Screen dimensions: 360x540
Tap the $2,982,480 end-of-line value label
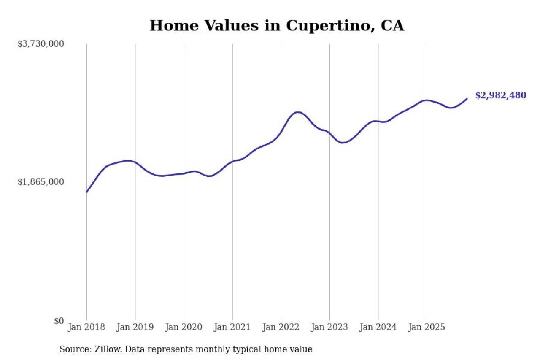point(500,95)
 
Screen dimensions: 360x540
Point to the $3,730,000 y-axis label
point(40,44)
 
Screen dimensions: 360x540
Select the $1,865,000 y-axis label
point(40,182)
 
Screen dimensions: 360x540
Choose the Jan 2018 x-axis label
point(86,328)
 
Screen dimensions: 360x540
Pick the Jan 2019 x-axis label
point(135,328)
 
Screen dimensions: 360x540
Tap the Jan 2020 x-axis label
point(184,328)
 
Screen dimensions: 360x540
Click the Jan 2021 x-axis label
point(232,328)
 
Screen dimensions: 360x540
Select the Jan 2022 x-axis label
point(281,328)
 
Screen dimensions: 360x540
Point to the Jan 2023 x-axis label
point(329,328)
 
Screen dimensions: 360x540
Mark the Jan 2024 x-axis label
point(378,328)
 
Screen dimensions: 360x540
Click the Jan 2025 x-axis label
point(427,328)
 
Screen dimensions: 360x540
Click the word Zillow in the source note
point(102,349)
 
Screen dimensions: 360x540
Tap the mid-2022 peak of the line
point(298,112)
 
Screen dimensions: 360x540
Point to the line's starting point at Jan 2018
point(86,192)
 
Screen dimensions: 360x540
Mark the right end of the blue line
point(467,99)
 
